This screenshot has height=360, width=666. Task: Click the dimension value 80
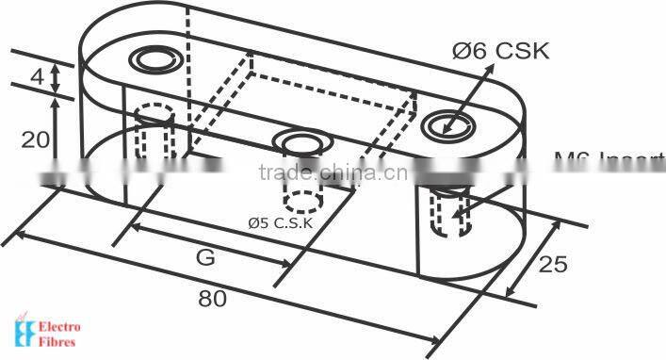212,300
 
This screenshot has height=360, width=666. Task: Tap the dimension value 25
553,263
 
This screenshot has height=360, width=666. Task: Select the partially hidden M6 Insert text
608,160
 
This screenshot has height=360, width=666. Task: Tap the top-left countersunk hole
152,61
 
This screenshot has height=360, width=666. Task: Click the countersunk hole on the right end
446,123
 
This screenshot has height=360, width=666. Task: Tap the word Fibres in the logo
57,343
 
